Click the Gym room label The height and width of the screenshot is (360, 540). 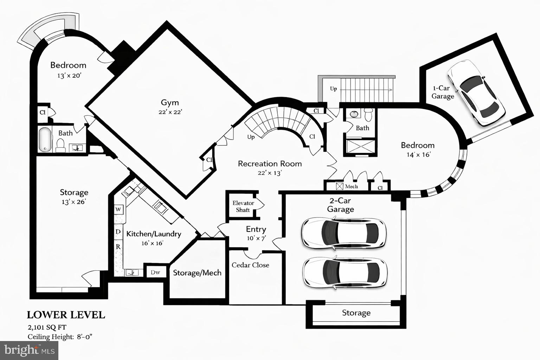click(x=170, y=103)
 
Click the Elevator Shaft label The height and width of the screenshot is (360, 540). click(x=243, y=207)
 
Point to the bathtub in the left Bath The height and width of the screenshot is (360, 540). click(x=45, y=140)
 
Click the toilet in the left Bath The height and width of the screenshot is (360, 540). click(x=61, y=145)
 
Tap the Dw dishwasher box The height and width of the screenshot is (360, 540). click(x=155, y=272)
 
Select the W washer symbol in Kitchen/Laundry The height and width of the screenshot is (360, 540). click(x=118, y=210)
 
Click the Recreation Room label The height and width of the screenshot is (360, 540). click(x=270, y=164)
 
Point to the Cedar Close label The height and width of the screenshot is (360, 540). click(x=250, y=265)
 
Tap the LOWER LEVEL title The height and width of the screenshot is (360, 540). click(x=66, y=315)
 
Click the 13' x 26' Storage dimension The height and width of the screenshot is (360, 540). click(x=73, y=202)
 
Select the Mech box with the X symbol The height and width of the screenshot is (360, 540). click(x=340, y=186)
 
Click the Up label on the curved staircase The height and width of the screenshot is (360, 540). click(x=251, y=137)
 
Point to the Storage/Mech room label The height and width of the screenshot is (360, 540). click(x=197, y=273)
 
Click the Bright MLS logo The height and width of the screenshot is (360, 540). click(x=29, y=350)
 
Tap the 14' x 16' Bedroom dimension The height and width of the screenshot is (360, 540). click(x=418, y=154)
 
